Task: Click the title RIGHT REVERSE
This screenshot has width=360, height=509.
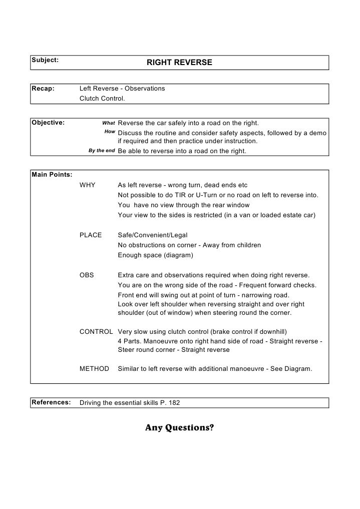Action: coord(179,63)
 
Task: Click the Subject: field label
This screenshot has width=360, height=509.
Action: coord(45,60)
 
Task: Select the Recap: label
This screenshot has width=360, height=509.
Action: coord(43,89)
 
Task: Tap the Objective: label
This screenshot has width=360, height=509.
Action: coord(48,123)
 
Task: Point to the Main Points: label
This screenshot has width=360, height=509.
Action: coord(52,175)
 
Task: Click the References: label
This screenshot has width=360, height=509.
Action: coord(51,402)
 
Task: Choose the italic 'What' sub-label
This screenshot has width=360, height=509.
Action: coord(109,123)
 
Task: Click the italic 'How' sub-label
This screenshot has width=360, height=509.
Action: coord(110,132)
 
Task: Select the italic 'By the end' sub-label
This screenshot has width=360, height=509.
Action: coord(102,151)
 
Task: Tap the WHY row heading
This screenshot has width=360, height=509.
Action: coord(88,185)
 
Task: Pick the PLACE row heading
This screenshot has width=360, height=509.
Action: coord(91,235)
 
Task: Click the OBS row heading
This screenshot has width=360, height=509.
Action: coord(87,275)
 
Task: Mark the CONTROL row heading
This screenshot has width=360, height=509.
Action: coord(96,332)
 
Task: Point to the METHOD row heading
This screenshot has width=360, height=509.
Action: coord(94,369)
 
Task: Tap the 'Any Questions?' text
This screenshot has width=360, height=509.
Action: coord(179,428)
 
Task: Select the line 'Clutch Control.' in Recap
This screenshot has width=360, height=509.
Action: coord(102,99)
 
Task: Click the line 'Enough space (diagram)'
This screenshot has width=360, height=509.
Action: coord(155,255)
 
